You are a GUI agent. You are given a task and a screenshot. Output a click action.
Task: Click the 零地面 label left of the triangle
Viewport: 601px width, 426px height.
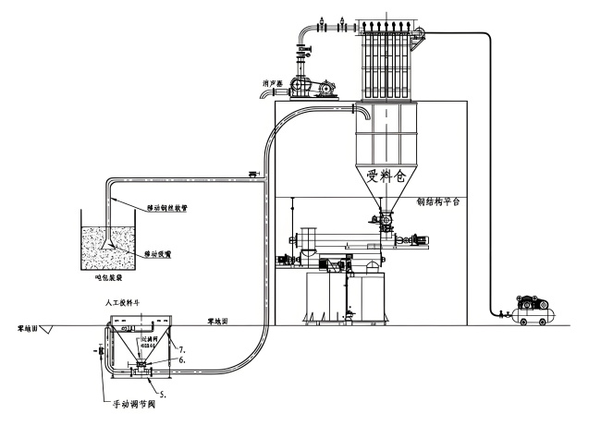click(x=28, y=327)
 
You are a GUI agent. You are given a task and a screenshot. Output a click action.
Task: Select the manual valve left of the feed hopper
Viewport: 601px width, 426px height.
click(x=98, y=351)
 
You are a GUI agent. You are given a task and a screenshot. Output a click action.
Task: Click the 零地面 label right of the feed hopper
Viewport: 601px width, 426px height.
click(x=218, y=322)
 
